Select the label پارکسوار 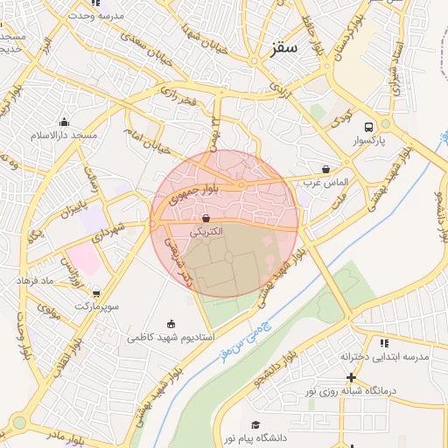pos(373,141)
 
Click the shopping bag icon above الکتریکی pos(206,218)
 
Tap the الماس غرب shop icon pos(326,169)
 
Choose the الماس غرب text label pos(326,183)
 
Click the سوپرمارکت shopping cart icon pos(95,294)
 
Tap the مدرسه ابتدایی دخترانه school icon pos(384,343)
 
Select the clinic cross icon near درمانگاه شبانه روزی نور pos(352,377)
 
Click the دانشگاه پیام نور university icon pos(255,423)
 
